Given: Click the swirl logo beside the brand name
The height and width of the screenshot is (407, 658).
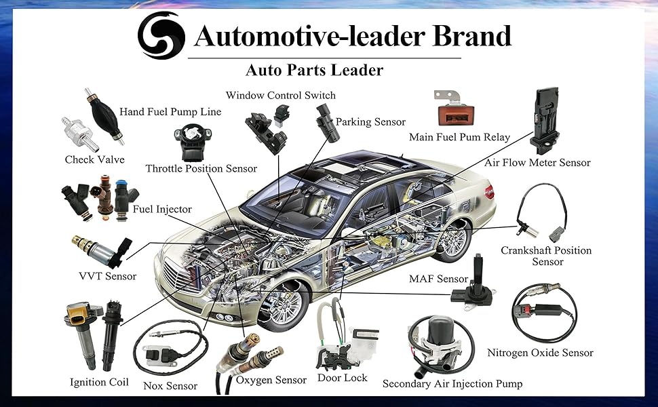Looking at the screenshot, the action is (x=161, y=35).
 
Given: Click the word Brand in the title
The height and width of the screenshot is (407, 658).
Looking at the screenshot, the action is (x=471, y=36).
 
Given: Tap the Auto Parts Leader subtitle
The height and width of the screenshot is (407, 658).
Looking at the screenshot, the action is (x=314, y=70).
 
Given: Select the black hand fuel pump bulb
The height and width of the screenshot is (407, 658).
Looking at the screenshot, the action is (x=104, y=115).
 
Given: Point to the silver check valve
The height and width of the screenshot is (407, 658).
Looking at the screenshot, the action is (x=81, y=134).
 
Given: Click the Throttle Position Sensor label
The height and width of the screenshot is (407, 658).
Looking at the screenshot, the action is (x=201, y=169).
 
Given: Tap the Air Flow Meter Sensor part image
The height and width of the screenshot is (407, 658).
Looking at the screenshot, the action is (x=545, y=121).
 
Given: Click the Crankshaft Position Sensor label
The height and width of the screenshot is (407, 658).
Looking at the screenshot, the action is (x=546, y=256).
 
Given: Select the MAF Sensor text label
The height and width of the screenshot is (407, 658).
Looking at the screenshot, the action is (x=438, y=279).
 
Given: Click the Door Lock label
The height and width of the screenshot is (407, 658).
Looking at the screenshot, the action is (x=342, y=378).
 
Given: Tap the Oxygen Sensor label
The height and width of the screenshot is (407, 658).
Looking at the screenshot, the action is (x=271, y=380).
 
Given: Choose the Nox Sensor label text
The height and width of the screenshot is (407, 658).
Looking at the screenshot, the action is (x=170, y=386).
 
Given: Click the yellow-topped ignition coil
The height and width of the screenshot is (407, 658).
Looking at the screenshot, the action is (x=83, y=334).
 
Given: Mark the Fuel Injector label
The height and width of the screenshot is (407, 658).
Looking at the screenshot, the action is (x=162, y=210).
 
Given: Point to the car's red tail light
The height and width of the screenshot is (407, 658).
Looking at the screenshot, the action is (x=489, y=192).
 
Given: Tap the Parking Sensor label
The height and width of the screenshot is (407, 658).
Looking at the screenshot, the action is (x=370, y=122).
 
